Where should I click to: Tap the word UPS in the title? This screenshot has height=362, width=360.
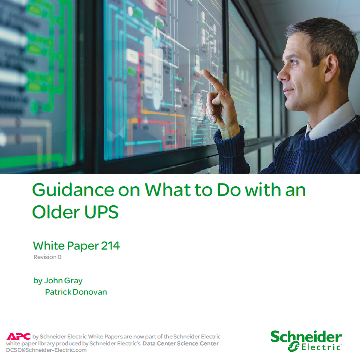101,212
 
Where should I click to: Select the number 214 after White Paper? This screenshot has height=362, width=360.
110,246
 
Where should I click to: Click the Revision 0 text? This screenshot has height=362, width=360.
47,257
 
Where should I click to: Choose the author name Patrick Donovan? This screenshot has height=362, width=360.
76,292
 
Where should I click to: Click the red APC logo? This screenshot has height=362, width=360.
19,336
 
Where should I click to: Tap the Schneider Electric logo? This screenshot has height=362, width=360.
306,341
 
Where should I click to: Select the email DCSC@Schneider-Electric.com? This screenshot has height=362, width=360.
46,350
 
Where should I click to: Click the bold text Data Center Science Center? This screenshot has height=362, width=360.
180,343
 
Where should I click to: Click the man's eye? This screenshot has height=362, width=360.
293,62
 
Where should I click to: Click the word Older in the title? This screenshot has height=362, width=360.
56,212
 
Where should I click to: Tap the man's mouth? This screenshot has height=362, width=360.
287,90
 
